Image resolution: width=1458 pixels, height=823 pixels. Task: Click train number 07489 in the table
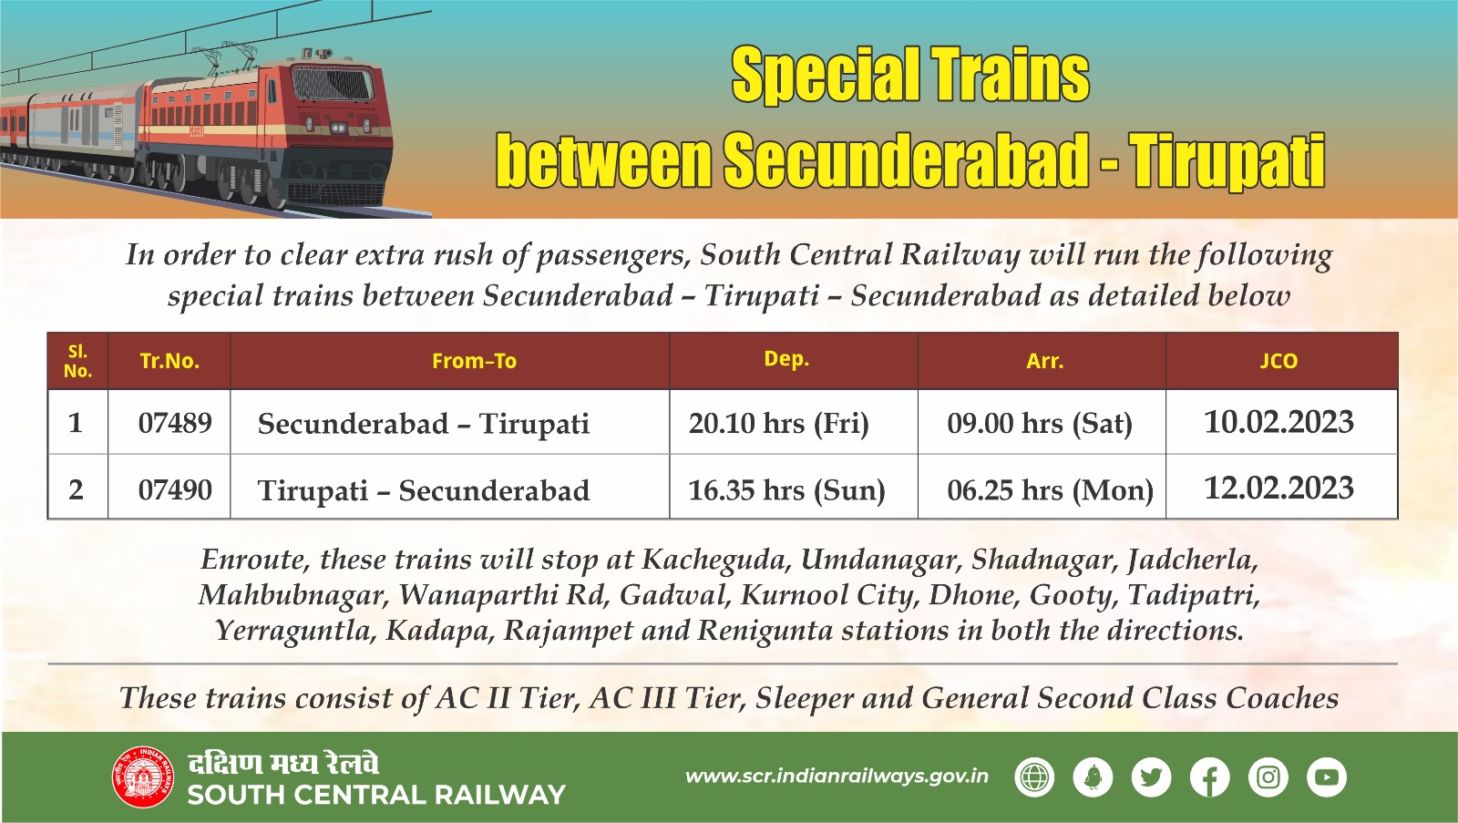coord(175,423)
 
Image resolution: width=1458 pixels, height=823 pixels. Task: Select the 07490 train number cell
coord(175,490)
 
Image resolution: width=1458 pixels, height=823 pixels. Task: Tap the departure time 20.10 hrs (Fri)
coord(778,423)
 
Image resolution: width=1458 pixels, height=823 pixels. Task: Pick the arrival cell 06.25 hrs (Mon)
coord(1050,490)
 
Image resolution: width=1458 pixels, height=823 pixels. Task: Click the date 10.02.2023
coord(1278,422)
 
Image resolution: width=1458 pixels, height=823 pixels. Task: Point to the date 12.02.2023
coord(1278,489)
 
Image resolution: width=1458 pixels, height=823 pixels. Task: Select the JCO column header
coord(1278,361)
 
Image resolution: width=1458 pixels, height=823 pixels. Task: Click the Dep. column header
coord(786,359)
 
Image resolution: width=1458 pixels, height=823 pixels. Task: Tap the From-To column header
coord(474,361)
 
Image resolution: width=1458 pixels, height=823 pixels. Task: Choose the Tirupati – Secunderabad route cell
coord(424,490)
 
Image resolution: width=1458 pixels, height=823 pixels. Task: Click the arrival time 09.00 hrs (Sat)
coord(1040,423)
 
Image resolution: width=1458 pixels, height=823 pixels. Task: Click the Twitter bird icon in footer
coord(1151,777)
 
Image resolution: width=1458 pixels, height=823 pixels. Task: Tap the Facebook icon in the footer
coord(1209,777)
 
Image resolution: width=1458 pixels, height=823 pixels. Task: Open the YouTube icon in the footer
coord(1326,777)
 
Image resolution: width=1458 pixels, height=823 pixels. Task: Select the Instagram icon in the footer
coord(1268,777)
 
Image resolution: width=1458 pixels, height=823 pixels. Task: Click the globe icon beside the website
coord(1034,777)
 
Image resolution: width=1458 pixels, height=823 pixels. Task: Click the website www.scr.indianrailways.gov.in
coord(837,777)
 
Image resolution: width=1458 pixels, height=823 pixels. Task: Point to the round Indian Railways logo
coord(142,777)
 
